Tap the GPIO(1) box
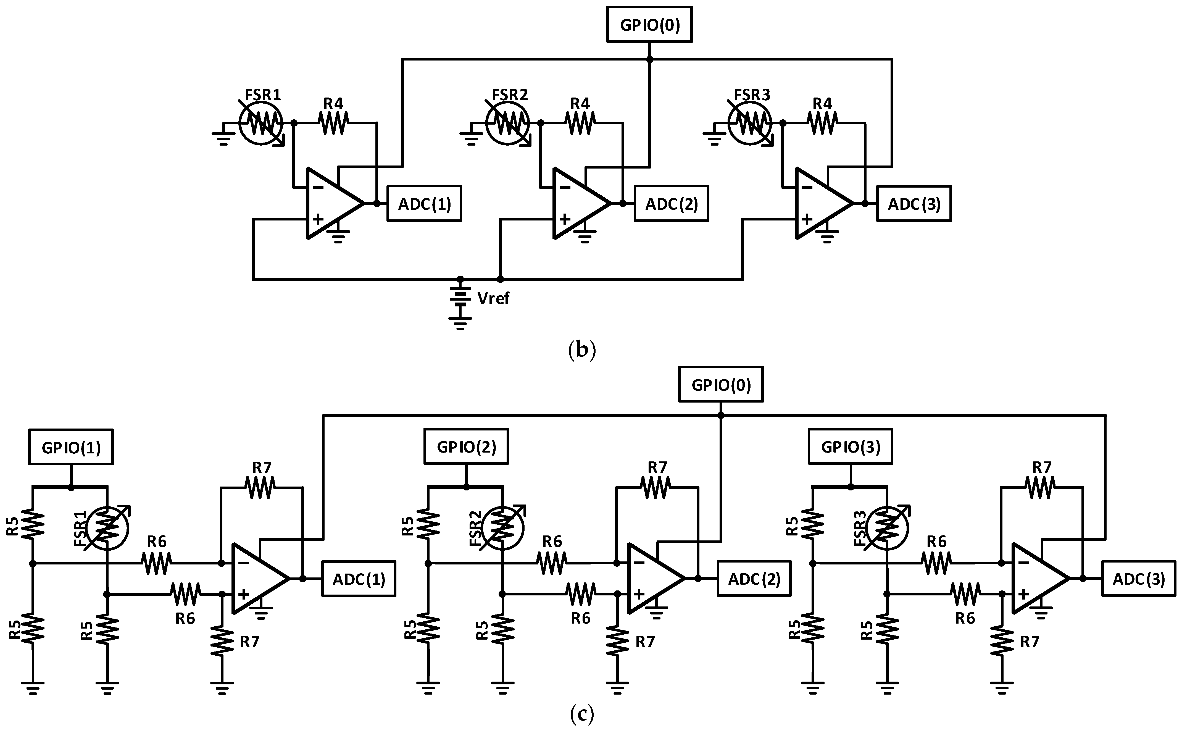pos(71,447)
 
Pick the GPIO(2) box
pos(466,446)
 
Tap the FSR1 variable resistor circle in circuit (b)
pos(261,123)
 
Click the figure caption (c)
pos(581,714)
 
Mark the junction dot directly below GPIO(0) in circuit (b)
pos(649,59)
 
